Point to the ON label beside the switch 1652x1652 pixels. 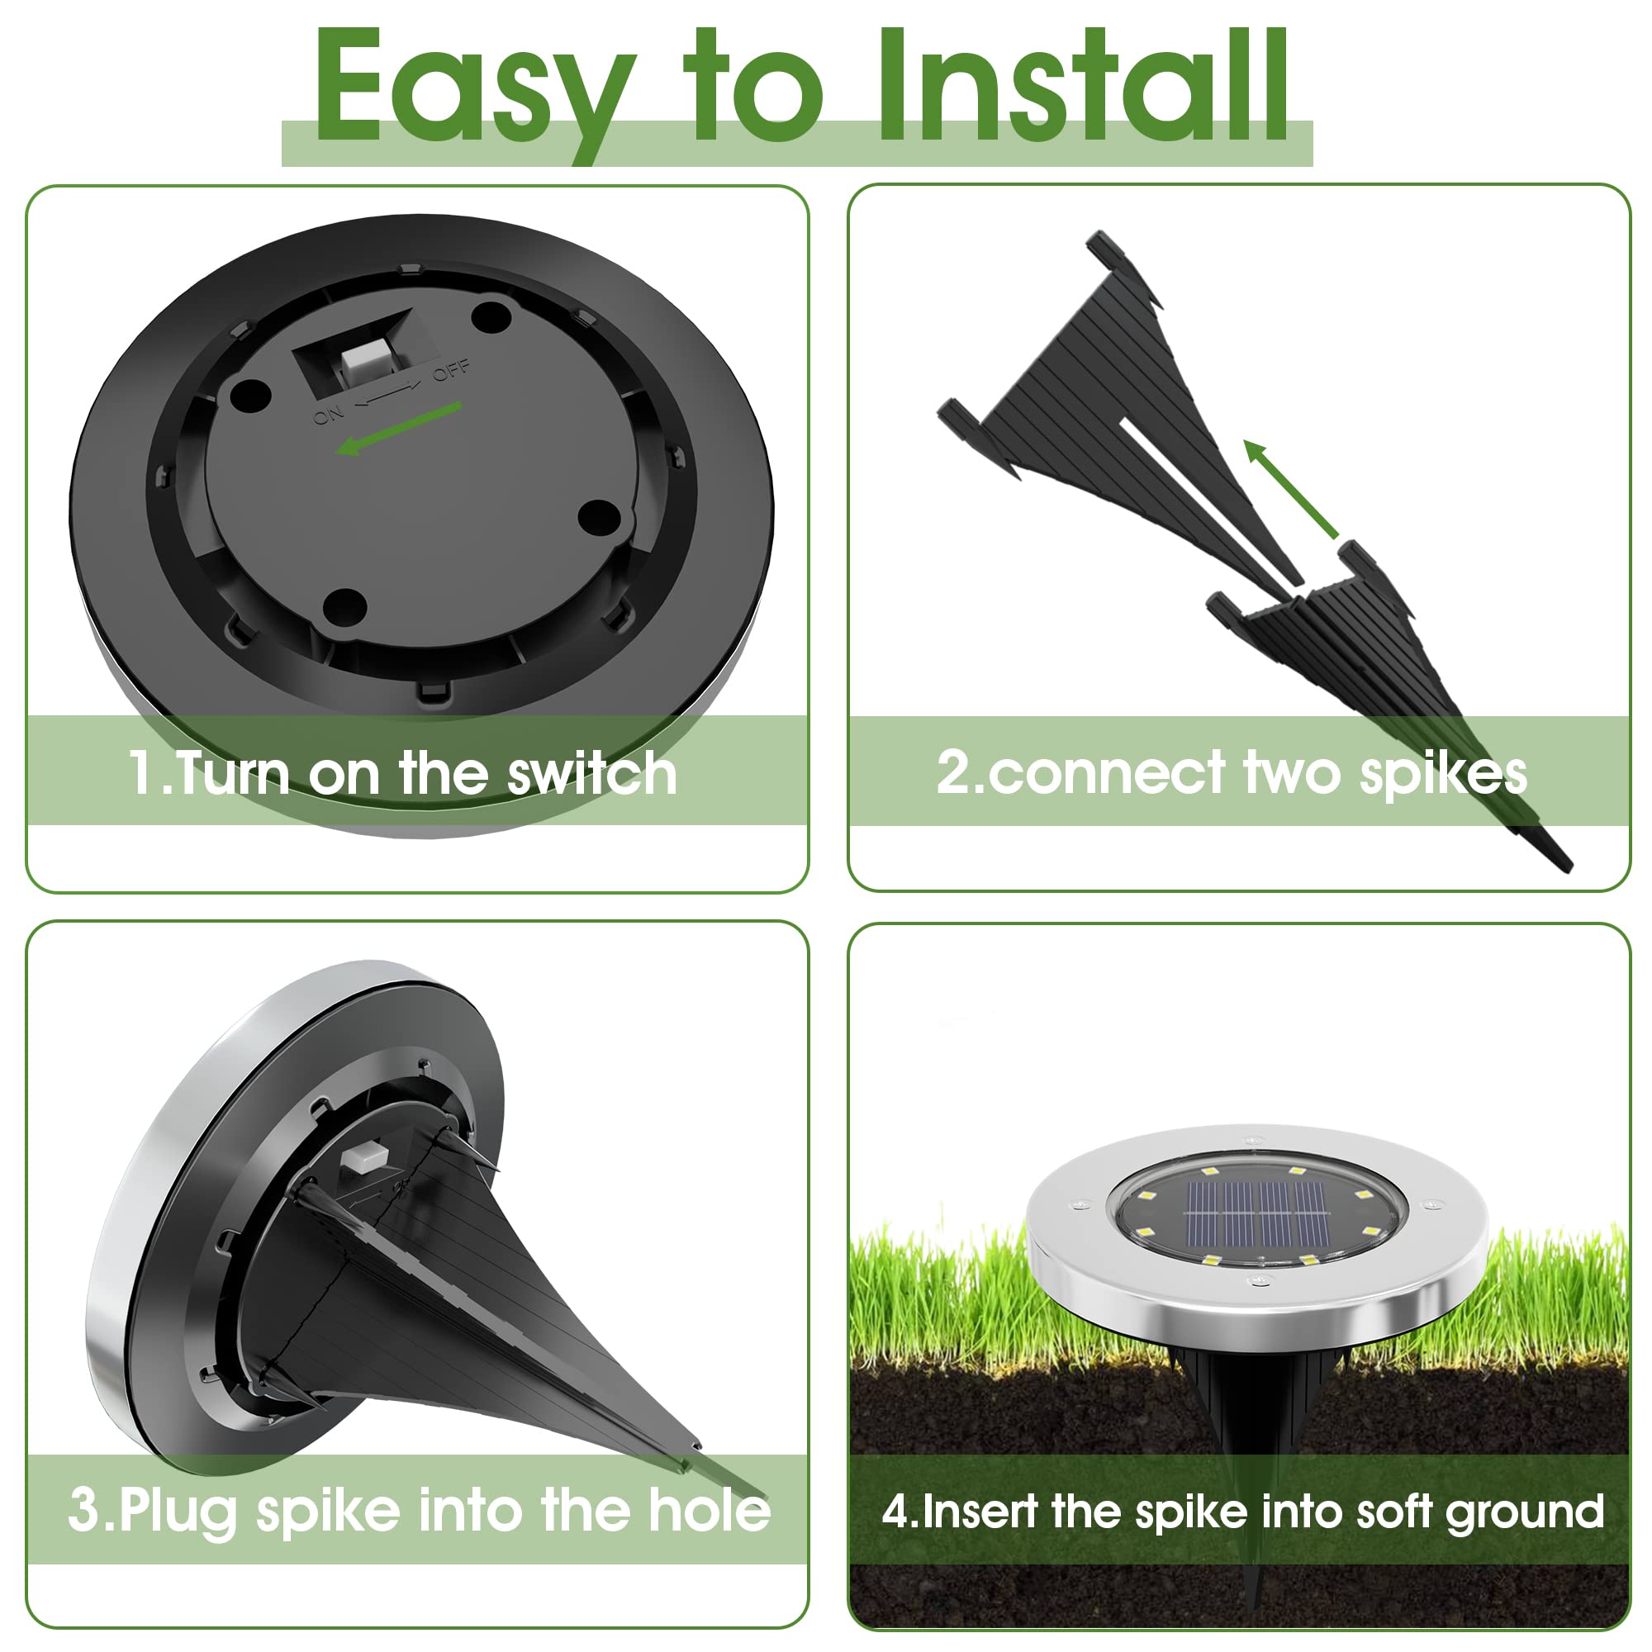pos(327,415)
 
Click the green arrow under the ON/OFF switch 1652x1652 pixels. pos(398,428)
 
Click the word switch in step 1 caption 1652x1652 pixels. pos(591,774)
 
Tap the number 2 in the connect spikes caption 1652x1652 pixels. pos(954,771)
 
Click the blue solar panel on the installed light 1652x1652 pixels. pos(1258,1216)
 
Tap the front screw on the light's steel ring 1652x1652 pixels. pos(1257,1280)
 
